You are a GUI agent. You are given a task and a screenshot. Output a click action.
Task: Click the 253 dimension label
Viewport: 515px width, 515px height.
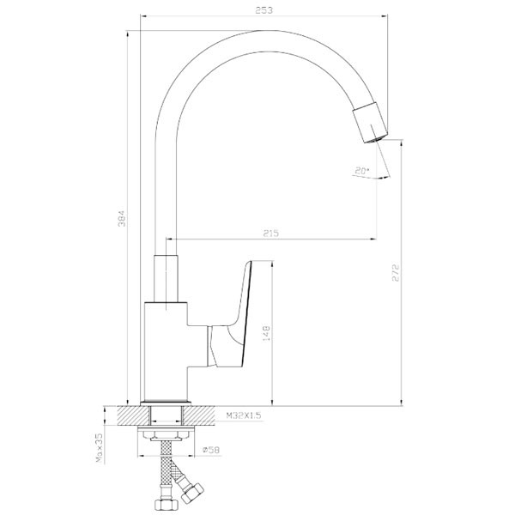click(264, 10)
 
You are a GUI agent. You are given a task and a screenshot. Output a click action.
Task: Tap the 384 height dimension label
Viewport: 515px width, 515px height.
click(122, 218)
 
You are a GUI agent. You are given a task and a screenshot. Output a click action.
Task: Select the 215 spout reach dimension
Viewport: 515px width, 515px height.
click(271, 233)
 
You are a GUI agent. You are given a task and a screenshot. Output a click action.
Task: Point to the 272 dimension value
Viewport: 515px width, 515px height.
click(396, 273)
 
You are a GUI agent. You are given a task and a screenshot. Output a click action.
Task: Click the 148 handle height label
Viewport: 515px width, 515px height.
click(266, 333)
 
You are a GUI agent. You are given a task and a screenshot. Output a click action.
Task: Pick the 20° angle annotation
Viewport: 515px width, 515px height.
click(362, 171)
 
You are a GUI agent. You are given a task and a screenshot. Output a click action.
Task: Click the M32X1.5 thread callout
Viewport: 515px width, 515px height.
click(244, 415)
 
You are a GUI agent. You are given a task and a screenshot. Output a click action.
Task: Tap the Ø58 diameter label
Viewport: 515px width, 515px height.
click(211, 450)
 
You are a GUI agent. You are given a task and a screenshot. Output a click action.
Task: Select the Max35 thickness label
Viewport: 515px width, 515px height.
click(100, 448)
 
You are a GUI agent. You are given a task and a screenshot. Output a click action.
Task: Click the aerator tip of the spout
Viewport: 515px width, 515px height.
click(375, 139)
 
